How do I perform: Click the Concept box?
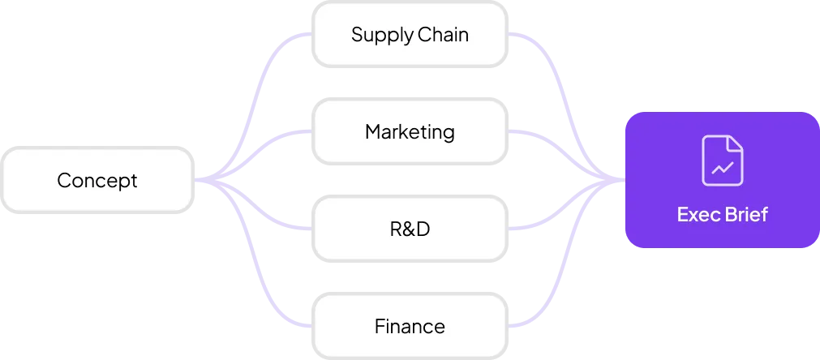[97, 180]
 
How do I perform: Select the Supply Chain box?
[410, 35]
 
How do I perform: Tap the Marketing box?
[410, 131]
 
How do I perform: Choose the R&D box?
[410, 229]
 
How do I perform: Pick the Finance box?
[410, 327]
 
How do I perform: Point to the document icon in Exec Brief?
[722, 161]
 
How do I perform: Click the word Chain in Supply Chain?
[443, 35]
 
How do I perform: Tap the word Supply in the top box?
[381, 36]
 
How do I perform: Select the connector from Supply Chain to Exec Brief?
[560, 73]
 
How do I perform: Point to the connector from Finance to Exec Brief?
[560, 288]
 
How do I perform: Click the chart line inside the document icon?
[722, 169]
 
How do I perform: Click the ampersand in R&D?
[410, 229]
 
